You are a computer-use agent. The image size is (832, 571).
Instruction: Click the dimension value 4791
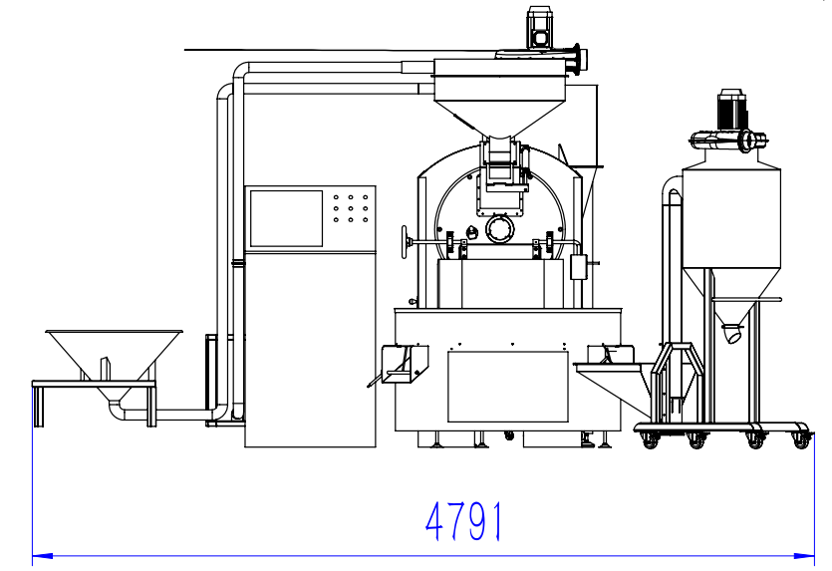(463, 521)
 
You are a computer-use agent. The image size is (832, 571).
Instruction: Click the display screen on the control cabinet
(287, 218)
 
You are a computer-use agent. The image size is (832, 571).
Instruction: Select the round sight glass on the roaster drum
(500, 229)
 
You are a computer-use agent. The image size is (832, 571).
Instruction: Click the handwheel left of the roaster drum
(406, 242)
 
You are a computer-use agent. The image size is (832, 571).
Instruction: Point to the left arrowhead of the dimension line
(43, 556)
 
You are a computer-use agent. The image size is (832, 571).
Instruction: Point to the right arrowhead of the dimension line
(804, 556)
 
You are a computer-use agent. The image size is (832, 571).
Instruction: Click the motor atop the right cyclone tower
(731, 110)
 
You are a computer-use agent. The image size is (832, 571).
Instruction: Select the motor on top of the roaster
(539, 28)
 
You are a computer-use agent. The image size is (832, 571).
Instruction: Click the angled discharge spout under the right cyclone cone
(733, 333)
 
